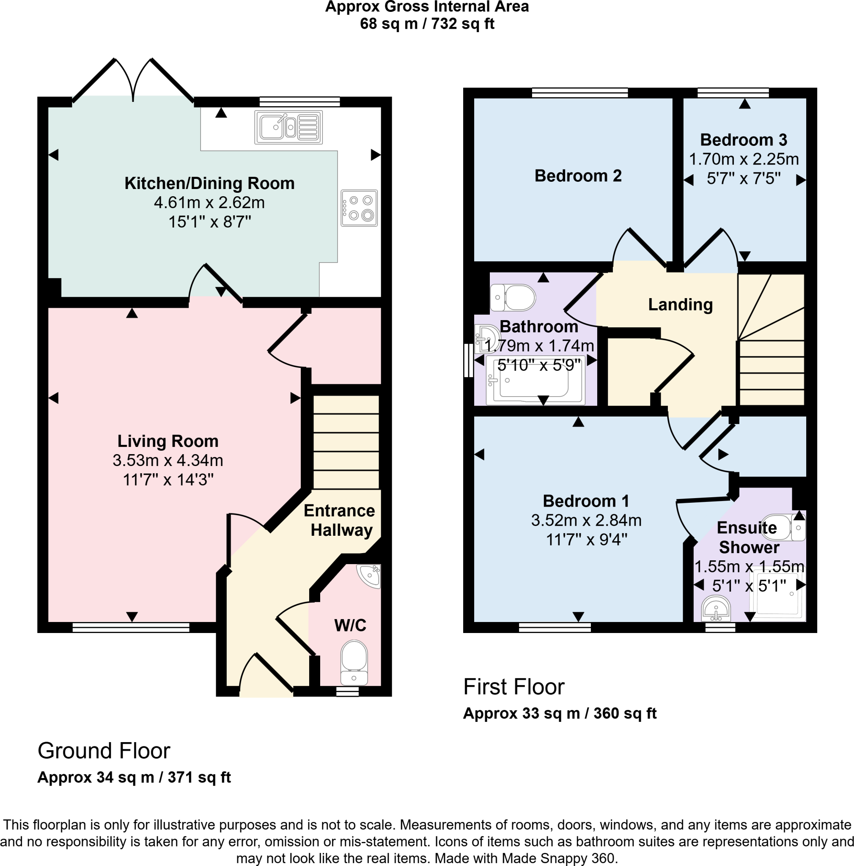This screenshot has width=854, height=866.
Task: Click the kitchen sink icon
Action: pyautogui.click(x=288, y=127)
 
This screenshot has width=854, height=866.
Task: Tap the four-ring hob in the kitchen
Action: pyautogui.click(x=359, y=208)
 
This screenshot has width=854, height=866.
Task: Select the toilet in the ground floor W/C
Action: pyautogui.click(x=354, y=663)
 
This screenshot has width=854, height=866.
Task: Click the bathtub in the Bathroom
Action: pyautogui.click(x=536, y=380)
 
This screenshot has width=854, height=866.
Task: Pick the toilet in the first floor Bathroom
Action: pyautogui.click(x=513, y=298)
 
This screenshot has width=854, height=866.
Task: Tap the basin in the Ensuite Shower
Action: pyautogui.click(x=717, y=608)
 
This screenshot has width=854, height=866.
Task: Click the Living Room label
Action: pyautogui.click(x=168, y=441)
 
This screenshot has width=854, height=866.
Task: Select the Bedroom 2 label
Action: pyautogui.click(x=578, y=176)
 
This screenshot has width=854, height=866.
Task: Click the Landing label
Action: pyautogui.click(x=680, y=304)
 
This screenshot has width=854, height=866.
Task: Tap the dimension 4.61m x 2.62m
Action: pyautogui.click(x=209, y=203)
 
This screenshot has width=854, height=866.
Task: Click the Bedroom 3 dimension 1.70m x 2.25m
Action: pyautogui.click(x=744, y=159)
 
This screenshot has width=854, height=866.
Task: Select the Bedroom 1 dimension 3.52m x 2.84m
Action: pyautogui.click(x=586, y=520)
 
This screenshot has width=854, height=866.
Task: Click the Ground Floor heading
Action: pyautogui.click(x=104, y=751)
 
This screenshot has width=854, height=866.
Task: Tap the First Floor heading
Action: pyautogui.click(x=514, y=686)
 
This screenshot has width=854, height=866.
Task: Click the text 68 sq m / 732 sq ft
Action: pyautogui.click(x=427, y=24)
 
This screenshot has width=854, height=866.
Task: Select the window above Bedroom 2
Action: pyautogui.click(x=579, y=93)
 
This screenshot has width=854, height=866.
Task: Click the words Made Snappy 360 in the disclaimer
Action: pyautogui.click(x=557, y=858)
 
